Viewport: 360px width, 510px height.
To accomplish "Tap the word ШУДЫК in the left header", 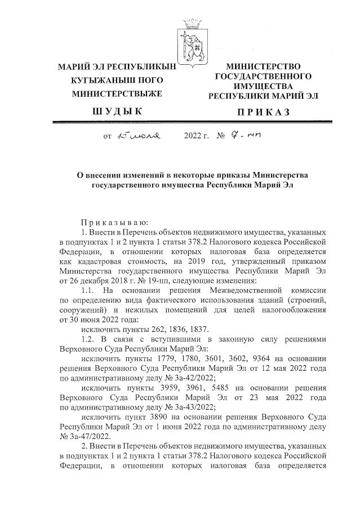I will [x=117, y=112].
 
